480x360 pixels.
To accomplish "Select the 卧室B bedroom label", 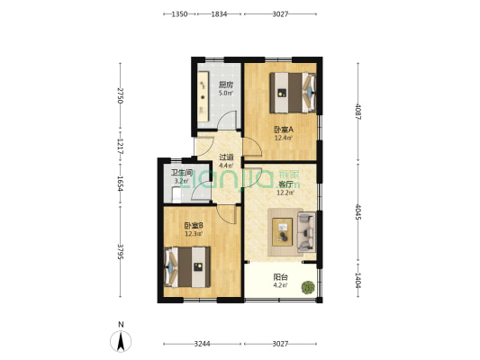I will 193,227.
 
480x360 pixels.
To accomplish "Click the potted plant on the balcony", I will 308,288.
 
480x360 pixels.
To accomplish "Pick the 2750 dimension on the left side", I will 119,94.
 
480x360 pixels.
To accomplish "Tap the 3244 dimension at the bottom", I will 202,344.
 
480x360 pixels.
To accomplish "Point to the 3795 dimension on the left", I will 119,248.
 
